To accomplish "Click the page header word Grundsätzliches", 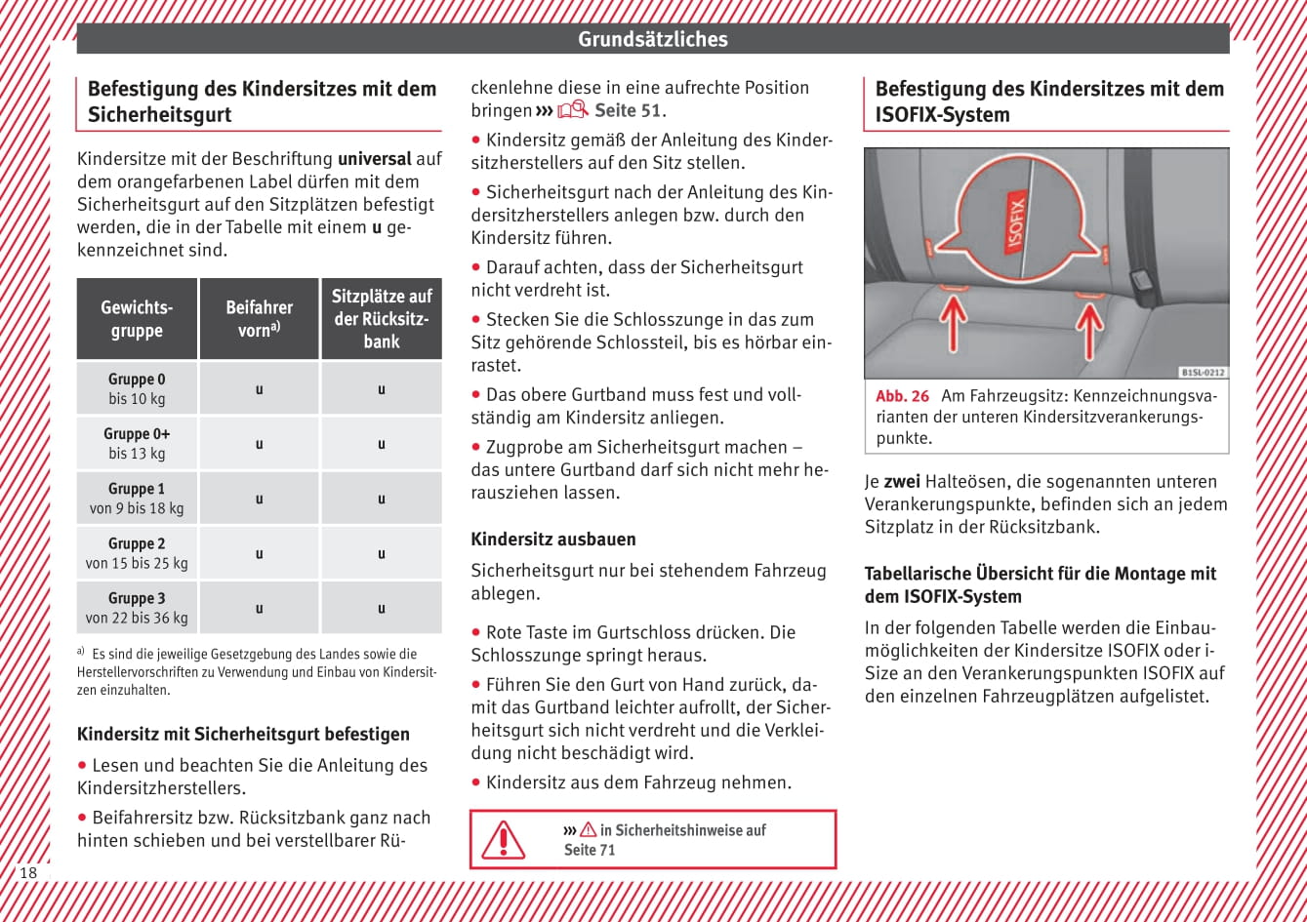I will [x=652, y=39].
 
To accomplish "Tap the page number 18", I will [x=28, y=872].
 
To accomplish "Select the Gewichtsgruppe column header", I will [x=137, y=319].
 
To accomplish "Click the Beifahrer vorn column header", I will [x=259, y=319].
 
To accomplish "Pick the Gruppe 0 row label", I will [x=137, y=388].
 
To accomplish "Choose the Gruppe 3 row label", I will [x=137, y=607].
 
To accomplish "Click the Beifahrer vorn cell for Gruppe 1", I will [x=259, y=499].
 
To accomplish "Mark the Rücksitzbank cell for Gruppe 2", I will [x=381, y=553].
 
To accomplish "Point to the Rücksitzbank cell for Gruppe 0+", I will [x=381, y=444].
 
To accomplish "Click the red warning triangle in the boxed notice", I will [x=504, y=839].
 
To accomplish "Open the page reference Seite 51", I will [x=628, y=110].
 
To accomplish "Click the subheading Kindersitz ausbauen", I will [x=553, y=539].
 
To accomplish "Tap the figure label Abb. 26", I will [x=902, y=396].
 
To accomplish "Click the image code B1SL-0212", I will [x=1203, y=372].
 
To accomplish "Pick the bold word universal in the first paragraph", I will [x=374, y=158].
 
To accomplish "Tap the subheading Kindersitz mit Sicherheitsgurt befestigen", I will [x=243, y=734].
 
